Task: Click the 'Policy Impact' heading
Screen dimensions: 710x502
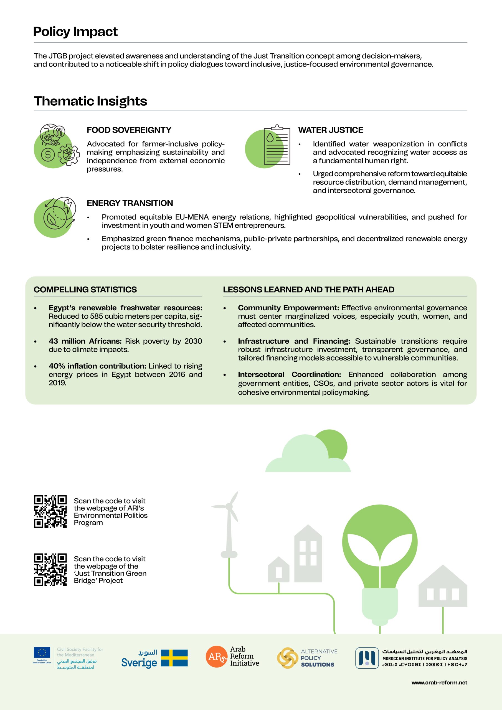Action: pos(75,32)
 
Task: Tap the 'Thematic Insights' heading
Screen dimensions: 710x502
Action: pos(90,101)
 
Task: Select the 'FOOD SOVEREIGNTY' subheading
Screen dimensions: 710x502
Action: pos(129,130)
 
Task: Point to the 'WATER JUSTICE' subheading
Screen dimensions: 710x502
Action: pos(331,130)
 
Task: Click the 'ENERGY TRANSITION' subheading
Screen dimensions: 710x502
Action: pos(130,203)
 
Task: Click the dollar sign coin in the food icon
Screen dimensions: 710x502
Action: pos(48,154)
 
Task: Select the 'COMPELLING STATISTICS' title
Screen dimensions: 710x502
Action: pos(85,290)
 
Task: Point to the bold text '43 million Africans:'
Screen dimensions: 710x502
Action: pos(85,341)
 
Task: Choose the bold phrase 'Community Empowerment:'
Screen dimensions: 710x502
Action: pos(288,308)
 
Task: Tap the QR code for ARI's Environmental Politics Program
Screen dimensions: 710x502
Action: pos(50,511)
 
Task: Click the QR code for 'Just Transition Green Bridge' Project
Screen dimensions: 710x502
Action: pos(50,569)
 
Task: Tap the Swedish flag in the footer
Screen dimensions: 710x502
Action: pos(174,658)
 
